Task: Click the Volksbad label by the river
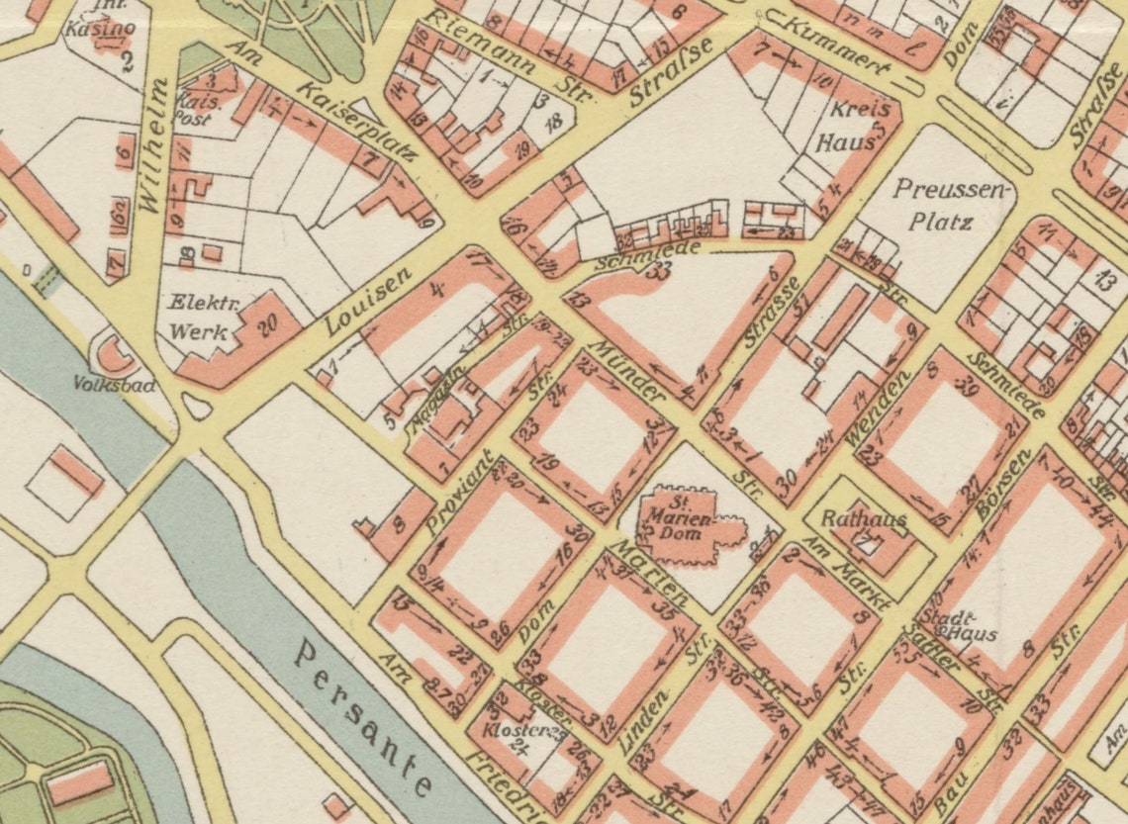pos(114,386)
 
